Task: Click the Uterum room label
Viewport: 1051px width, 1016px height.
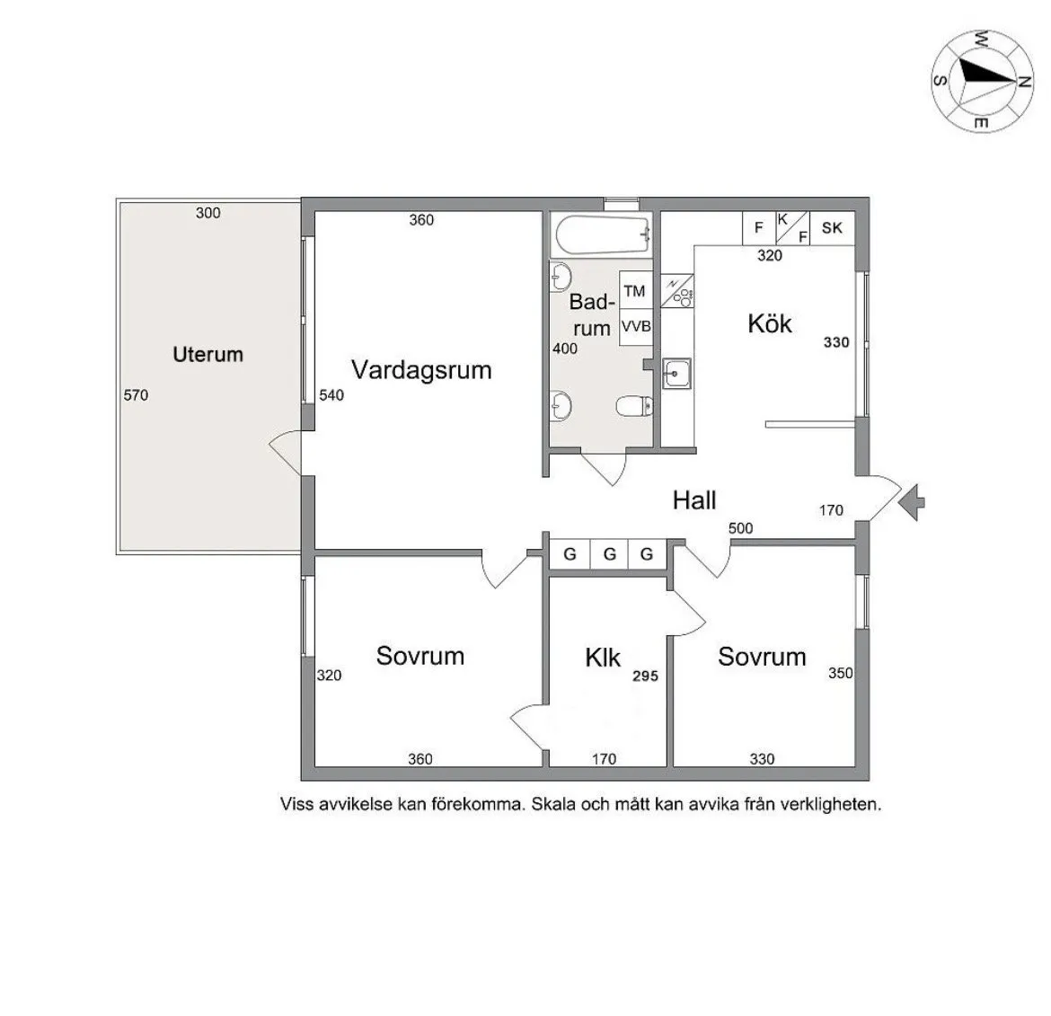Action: (x=208, y=355)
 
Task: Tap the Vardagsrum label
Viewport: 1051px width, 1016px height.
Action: (x=421, y=370)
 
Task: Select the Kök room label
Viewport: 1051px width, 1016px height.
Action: (x=770, y=323)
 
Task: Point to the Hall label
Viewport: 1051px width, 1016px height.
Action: (x=694, y=500)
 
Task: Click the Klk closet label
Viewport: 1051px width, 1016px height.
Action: (x=603, y=658)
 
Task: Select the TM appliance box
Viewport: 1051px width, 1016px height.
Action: (x=635, y=291)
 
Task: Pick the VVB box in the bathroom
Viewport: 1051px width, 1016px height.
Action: (x=635, y=327)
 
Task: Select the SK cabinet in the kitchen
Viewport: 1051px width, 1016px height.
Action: (x=832, y=227)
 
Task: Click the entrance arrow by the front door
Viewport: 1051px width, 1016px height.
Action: (x=913, y=499)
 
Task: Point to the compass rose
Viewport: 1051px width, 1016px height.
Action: (x=981, y=78)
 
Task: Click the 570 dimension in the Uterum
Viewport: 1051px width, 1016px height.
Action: (x=136, y=395)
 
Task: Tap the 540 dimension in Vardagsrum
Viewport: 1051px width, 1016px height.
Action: (x=331, y=395)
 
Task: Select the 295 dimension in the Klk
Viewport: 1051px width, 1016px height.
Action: (x=645, y=676)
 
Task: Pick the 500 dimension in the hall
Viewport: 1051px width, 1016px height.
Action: (x=741, y=528)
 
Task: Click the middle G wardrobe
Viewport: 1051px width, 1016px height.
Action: (x=609, y=554)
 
